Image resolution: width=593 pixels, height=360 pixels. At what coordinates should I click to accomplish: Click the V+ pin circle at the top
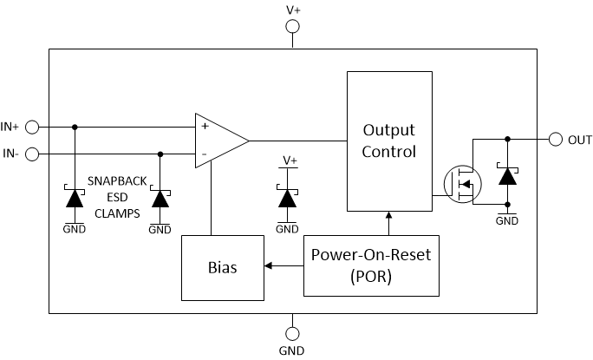point(292,28)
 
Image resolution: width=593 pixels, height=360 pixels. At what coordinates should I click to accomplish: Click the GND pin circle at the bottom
point(292,333)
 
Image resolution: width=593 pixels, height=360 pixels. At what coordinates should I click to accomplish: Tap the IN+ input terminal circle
point(32,127)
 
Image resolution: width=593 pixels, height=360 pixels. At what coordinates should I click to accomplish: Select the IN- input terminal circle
point(32,154)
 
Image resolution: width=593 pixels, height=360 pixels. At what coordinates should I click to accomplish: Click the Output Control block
point(388,141)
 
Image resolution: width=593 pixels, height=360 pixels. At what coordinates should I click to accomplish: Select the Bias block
point(221,267)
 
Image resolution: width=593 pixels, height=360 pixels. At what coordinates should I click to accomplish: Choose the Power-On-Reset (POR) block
point(371,265)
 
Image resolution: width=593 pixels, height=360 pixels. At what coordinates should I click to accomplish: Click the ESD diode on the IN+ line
point(74,198)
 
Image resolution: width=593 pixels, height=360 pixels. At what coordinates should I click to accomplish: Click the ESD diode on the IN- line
point(160,198)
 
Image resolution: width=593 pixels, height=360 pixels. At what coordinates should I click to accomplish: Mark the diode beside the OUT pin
point(507,176)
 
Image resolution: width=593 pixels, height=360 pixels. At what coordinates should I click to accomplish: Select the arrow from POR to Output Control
point(388,223)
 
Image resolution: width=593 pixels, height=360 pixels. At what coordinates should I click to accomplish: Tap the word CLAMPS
point(116,212)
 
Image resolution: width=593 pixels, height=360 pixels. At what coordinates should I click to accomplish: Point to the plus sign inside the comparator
point(205,126)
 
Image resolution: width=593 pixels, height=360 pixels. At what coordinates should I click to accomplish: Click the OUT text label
point(580,140)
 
